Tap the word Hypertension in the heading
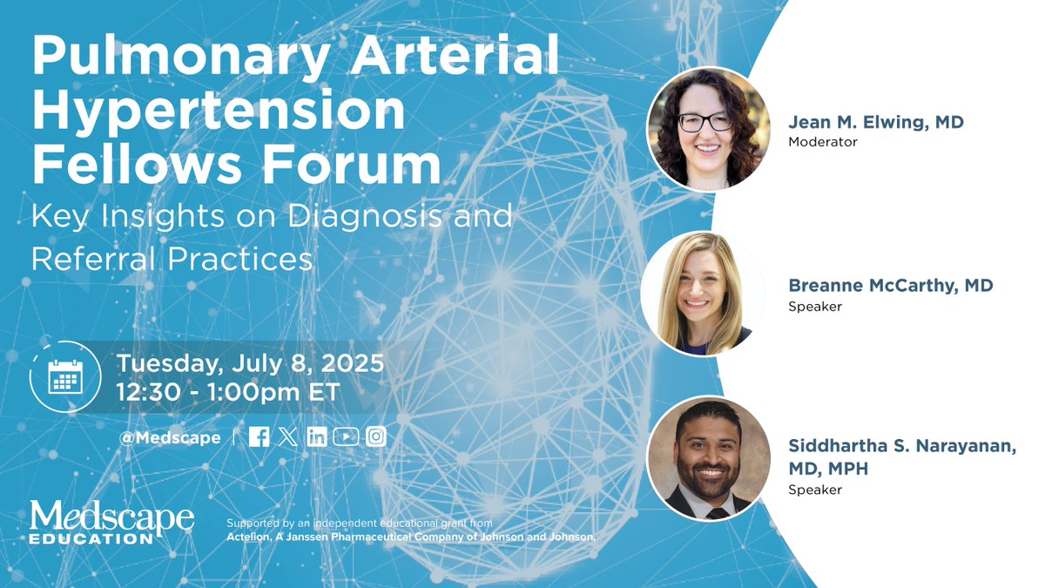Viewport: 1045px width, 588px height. (x=219, y=112)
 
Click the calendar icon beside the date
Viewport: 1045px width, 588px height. (x=64, y=376)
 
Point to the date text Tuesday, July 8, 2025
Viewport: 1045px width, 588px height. (x=250, y=362)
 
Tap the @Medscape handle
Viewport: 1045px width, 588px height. (x=170, y=437)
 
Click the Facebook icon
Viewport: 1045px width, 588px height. (x=259, y=437)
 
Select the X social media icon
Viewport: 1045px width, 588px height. (x=288, y=437)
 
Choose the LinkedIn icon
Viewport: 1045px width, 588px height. (x=317, y=437)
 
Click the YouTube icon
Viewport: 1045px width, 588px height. (x=346, y=437)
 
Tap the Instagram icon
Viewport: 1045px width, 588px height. (x=375, y=437)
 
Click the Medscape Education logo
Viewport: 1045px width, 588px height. (x=111, y=522)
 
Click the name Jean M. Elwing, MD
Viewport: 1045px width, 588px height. (x=875, y=123)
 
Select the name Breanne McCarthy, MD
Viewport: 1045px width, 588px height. (x=890, y=286)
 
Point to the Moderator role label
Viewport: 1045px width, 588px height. (x=823, y=142)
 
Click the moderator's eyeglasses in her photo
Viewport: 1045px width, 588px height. (x=705, y=122)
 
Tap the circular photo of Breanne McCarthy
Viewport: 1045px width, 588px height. (x=702, y=294)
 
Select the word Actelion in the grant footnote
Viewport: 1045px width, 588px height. (x=251, y=537)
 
